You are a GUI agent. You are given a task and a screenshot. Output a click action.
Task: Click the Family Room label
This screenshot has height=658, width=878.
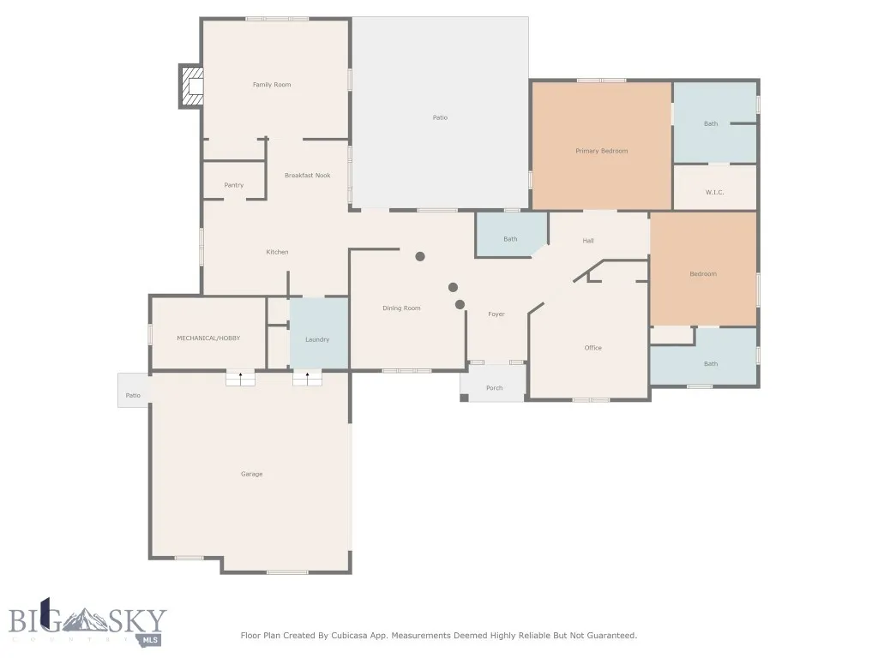coord(272,85)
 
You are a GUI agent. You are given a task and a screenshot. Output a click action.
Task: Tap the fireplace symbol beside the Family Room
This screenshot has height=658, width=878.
coord(192,86)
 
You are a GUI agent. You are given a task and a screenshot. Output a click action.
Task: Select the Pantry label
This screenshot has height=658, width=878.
coord(233,185)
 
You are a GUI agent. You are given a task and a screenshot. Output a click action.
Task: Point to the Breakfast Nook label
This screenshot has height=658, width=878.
coord(307,176)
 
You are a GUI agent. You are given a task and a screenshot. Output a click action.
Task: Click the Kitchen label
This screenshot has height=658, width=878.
coord(277,252)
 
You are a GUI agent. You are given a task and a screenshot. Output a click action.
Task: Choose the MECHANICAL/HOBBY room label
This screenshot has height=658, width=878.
coord(208,338)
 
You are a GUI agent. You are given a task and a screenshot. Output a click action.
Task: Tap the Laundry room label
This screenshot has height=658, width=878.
coord(317,339)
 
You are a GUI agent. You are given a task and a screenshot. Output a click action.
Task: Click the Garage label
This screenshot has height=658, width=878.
coord(251,474)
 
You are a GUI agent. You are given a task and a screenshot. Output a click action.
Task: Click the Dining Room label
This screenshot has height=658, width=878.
coord(401,308)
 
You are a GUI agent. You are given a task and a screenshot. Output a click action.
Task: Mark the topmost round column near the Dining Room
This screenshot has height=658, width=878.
coord(420,256)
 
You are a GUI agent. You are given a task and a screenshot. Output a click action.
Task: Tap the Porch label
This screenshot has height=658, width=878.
coord(494,388)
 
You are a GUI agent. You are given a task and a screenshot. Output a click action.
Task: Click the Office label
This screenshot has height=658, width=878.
coord(592,348)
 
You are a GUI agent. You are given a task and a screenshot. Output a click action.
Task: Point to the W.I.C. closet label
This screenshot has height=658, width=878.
coord(715,193)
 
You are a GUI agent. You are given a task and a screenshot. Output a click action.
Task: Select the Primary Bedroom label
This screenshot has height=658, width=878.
coord(601,151)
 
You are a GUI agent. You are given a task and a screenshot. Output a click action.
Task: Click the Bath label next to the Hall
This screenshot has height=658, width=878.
coord(510,239)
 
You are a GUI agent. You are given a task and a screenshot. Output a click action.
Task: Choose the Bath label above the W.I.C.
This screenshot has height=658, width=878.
coord(711,123)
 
